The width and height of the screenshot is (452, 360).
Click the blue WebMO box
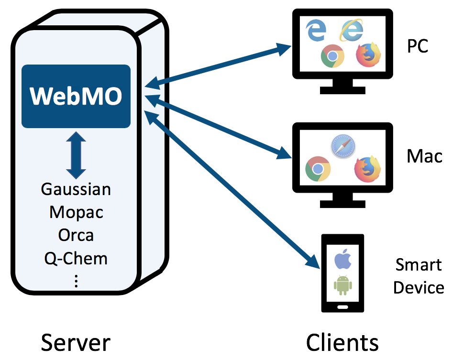(x=76, y=96)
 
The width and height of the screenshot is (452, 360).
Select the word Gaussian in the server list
(x=76, y=189)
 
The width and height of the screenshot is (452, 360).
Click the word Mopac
(x=76, y=212)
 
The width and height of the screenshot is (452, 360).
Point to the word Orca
(x=76, y=235)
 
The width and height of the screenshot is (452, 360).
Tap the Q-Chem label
(x=76, y=258)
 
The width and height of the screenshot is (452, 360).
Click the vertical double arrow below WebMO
(x=76, y=155)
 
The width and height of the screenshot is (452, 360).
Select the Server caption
(x=76, y=342)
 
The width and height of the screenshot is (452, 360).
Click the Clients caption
(x=342, y=342)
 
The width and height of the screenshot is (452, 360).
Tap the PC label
(x=418, y=46)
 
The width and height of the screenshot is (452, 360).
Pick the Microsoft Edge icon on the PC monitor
(x=316, y=31)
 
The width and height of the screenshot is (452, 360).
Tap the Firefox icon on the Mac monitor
(x=367, y=168)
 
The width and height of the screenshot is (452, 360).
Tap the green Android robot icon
(x=342, y=285)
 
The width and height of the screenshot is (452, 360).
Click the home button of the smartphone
(x=342, y=306)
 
